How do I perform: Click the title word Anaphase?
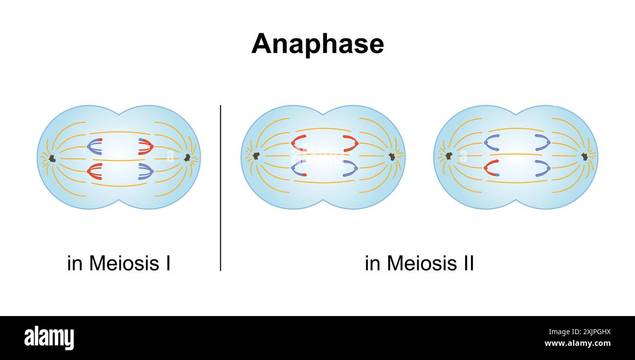click(317, 44)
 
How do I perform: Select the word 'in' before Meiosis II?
click(373, 263)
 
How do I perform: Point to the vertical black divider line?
click(220, 188)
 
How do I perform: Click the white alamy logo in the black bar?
click(49, 338)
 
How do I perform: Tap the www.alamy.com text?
click(577, 343)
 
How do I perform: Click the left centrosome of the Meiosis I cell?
click(52, 158)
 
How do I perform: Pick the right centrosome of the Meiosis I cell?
click(187, 157)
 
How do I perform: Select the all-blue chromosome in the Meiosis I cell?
click(146, 170)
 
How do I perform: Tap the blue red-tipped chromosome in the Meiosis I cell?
click(94, 146)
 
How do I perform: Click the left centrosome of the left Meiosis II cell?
click(255, 156)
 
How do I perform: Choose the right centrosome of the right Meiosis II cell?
click(584, 156)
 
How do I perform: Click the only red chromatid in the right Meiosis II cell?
click(491, 168)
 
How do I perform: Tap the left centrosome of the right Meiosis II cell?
click(448, 156)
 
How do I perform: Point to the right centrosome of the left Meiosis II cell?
click(391, 156)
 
